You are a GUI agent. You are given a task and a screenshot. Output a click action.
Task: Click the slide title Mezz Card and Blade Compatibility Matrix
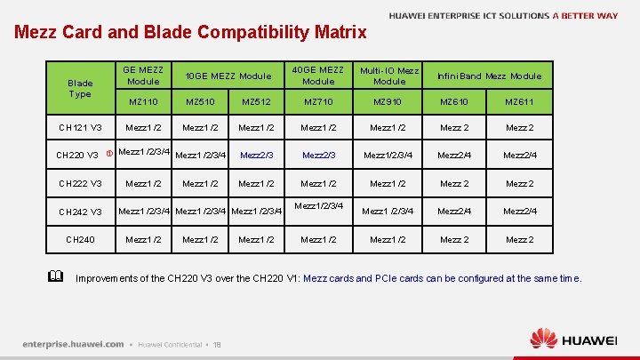(x=190, y=33)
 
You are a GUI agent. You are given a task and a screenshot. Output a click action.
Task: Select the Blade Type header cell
(x=80, y=88)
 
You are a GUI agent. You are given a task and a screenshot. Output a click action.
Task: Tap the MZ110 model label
(x=143, y=102)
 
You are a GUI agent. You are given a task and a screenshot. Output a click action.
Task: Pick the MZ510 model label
(x=200, y=102)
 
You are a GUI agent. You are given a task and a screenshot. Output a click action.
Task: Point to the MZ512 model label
(x=256, y=102)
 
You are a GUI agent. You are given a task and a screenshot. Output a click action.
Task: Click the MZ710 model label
(x=318, y=102)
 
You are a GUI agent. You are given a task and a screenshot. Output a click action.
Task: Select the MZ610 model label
(x=454, y=102)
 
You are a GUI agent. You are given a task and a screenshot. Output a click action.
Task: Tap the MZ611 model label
(x=520, y=102)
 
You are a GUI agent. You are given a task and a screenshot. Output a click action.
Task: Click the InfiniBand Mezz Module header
(x=489, y=76)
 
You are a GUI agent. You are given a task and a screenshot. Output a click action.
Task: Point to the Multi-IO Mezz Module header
(x=388, y=76)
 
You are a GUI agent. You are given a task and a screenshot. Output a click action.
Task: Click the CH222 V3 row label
(x=80, y=184)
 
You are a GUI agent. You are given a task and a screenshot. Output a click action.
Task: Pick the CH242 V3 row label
(x=80, y=212)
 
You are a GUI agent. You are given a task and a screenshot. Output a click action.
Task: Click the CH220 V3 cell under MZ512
(x=256, y=156)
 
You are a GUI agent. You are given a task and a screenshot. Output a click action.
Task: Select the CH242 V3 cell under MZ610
(x=454, y=211)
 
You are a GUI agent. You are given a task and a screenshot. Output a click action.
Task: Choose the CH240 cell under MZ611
(x=520, y=239)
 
